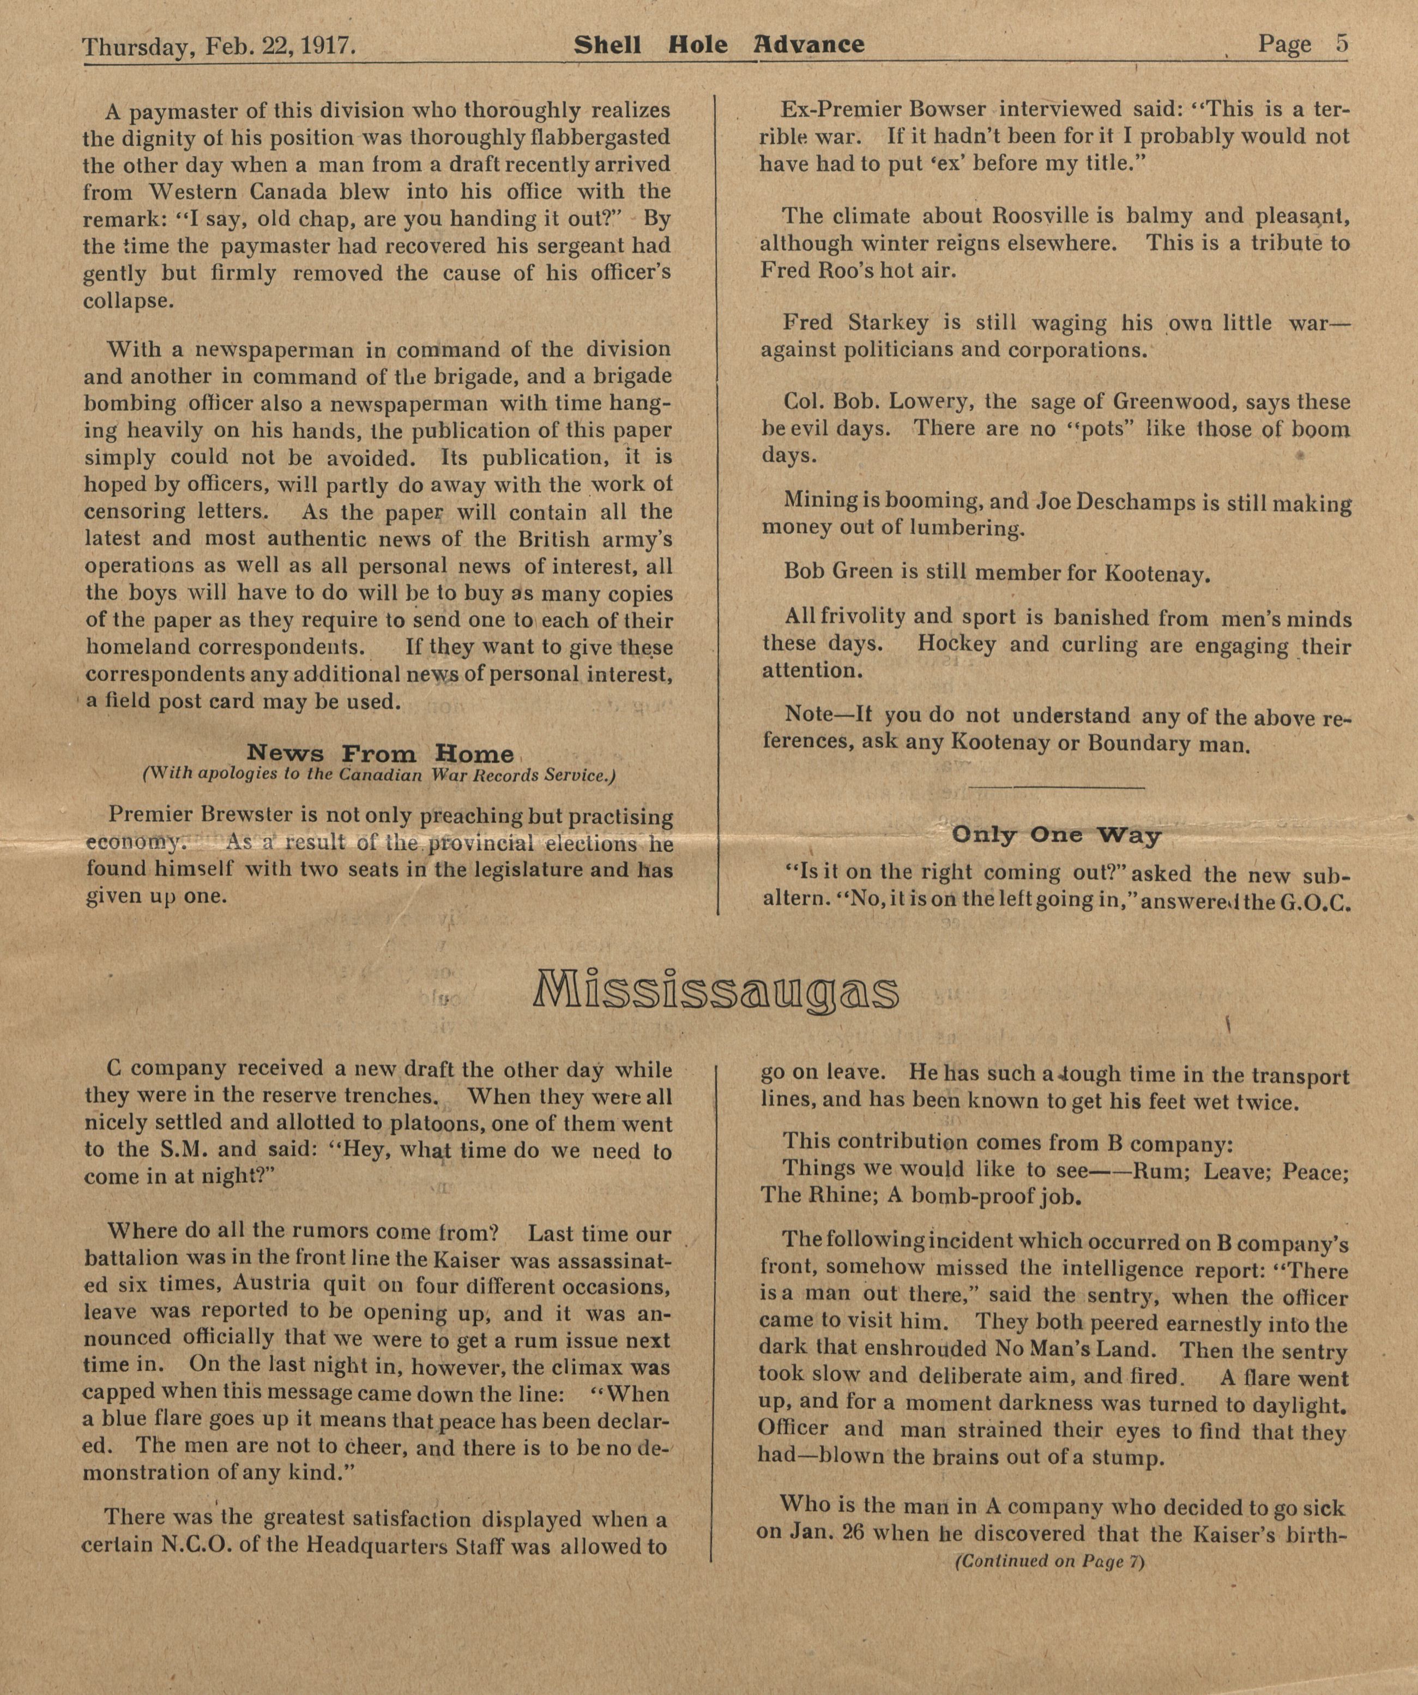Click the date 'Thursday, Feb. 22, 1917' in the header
coord(220,46)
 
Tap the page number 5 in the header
coord(1341,44)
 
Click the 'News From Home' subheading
coord(379,754)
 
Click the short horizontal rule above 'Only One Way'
coord(1057,787)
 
